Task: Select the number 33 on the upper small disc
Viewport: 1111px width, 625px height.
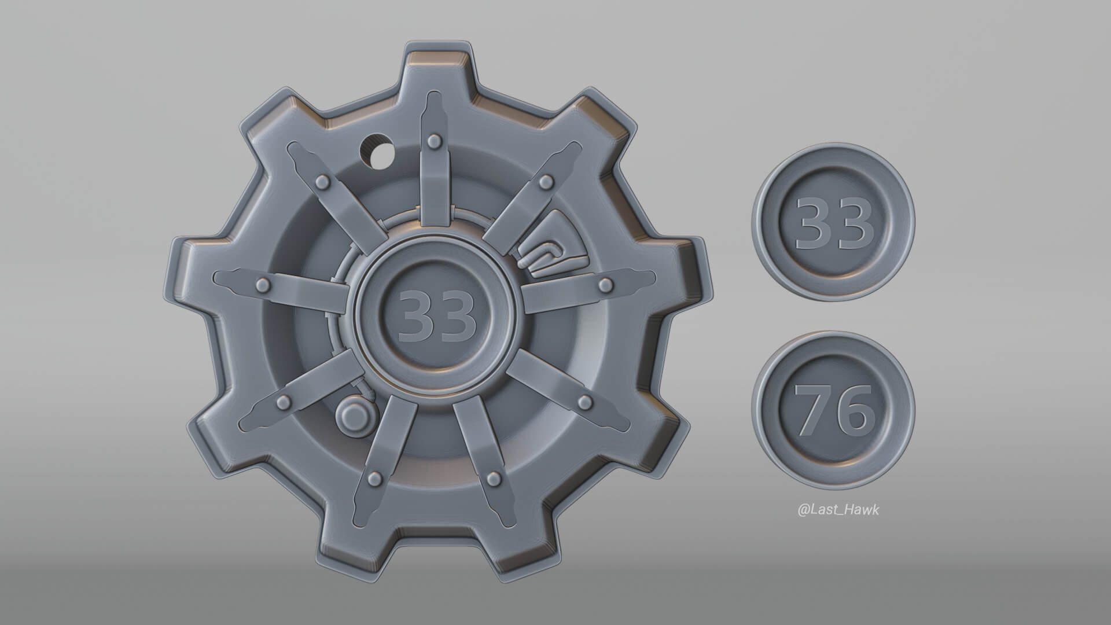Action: [x=834, y=224]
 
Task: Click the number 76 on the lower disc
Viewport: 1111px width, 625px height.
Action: [x=834, y=410]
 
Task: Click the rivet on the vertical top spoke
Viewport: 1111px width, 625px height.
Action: [x=433, y=139]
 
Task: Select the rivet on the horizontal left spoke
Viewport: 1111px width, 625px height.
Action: [x=263, y=284]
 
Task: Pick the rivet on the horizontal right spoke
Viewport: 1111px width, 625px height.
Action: [x=606, y=284]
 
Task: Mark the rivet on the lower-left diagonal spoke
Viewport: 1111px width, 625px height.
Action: [x=284, y=401]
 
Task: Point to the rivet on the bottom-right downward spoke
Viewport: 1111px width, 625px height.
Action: [x=493, y=477]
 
